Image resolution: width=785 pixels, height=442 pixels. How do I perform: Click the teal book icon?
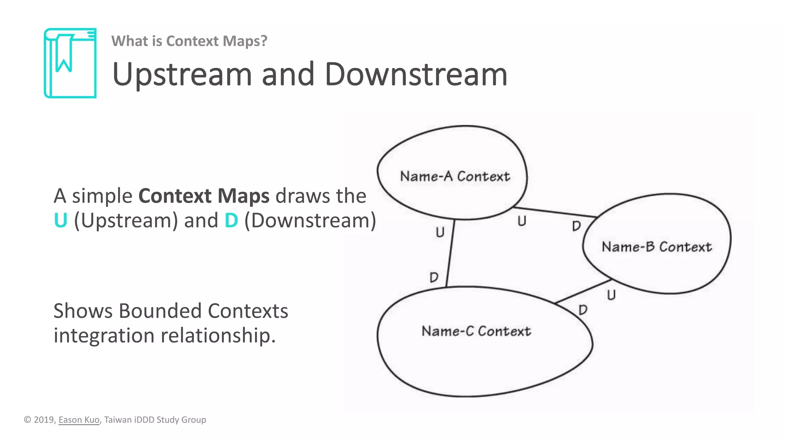coord(70,63)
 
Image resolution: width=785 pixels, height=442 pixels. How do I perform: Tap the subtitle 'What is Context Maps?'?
coord(189,41)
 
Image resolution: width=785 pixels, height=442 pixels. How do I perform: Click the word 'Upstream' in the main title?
coord(182,74)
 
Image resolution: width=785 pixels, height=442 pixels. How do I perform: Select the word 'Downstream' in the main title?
coord(415,74)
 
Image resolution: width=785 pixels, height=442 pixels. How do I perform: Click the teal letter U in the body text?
coord(61,220)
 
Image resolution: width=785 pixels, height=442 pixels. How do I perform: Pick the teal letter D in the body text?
coord(231,220)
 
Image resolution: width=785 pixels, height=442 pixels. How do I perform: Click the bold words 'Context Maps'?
coord(204,196)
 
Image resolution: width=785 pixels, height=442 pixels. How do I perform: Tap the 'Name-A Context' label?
coord(455,176)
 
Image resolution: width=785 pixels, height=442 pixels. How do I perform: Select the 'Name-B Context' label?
coord(657,247)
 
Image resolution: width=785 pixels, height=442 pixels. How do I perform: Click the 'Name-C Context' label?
coord(476,331)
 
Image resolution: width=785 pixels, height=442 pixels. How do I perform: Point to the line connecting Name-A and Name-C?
coord(450,253)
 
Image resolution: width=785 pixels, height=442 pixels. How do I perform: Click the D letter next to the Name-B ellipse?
coord(576,226)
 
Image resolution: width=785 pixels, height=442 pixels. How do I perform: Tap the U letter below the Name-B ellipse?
coord(611,295)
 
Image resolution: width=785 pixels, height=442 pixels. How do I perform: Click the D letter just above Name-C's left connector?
coord(434,277)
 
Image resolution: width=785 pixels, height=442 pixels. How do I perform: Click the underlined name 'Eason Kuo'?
coord(79,420)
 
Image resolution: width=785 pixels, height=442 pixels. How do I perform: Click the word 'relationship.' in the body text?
coord(218,335)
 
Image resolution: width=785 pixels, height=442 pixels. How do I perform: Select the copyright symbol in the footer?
coord(28,420)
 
